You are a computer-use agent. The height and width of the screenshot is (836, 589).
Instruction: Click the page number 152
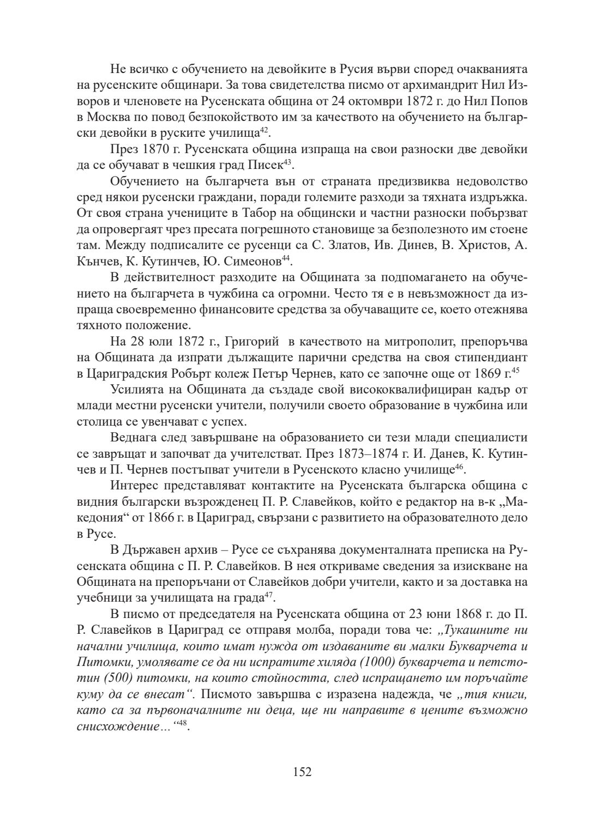(302, 772)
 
